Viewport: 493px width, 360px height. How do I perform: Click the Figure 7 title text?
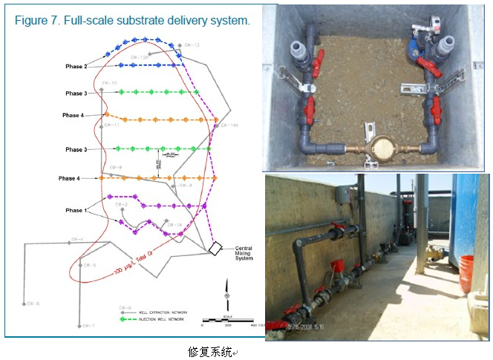(132, 20)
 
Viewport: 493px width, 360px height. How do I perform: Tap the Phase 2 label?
(76, 67)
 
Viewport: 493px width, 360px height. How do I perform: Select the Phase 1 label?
(74, 211)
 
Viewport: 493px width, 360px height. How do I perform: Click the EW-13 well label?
(192, 45)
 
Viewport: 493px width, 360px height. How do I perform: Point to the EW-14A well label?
(230, 126)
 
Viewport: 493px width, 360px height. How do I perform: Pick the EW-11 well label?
(112, 125)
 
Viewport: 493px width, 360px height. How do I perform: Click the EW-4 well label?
(77, 240)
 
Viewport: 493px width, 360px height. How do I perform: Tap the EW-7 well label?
(89, 326)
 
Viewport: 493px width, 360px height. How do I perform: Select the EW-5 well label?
(90, 264)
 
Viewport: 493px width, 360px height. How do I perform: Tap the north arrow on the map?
(226, 287)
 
